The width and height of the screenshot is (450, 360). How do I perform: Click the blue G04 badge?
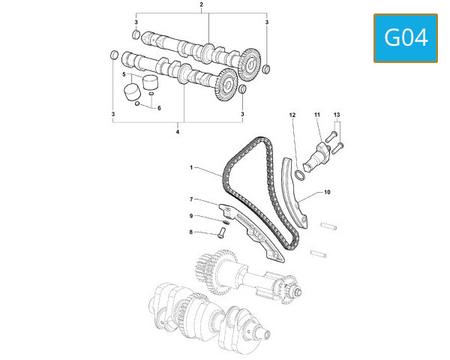[x=406, y=38]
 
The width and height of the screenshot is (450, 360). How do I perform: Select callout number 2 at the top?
[x=201, y=4]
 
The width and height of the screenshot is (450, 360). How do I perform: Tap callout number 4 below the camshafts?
[x=178, y=132]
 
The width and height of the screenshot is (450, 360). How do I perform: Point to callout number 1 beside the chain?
[x=191, y=167]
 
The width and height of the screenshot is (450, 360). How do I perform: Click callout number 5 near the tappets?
[x=124, y=74]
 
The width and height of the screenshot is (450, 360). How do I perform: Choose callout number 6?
[x=159, y=108]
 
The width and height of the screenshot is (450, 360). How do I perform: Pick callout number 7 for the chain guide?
[x=191, y=199]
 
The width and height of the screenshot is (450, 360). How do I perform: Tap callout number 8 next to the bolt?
[x=191, y=232]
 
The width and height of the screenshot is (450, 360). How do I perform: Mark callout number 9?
[x=191, y=216]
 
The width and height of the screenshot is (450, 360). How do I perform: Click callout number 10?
[x=327, y=192]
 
